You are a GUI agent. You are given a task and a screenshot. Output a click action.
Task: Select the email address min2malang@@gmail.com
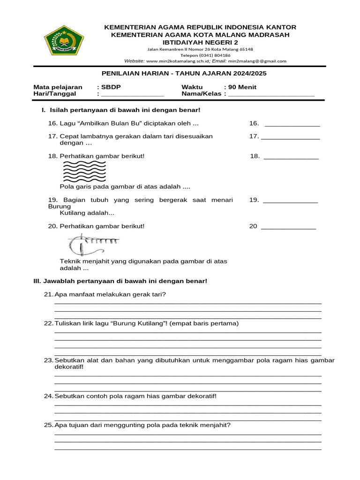[x=257, y=61]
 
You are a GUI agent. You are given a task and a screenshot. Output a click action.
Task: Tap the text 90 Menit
[x=242, y=87]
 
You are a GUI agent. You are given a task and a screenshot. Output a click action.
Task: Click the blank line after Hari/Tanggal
[x=133, y=94]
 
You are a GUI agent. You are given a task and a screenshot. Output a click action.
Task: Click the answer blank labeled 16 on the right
[x=292, y=124]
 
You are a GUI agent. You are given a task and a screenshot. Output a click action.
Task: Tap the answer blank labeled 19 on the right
[x=291, y=200]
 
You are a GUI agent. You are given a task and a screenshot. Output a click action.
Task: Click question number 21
[x=48, y=294]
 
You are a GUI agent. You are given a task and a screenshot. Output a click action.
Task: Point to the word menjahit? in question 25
[x=216, y=426]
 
